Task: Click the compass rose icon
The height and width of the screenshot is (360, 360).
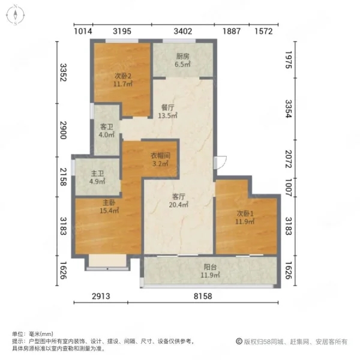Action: click(x=15, y=15)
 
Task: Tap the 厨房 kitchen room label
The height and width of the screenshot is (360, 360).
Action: click(x=183, y=56)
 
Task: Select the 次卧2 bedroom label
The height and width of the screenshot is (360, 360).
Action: click(x=123, y=76)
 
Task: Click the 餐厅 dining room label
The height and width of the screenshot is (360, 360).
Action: click(x=167, y=107)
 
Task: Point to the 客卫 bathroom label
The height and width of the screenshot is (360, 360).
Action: click(x=107, y=127)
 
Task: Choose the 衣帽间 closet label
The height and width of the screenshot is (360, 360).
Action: click(x=160, y=155)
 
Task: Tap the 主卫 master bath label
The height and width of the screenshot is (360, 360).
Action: click(x=97, y=173)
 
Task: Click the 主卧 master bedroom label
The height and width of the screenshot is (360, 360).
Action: click(x=109, y=203)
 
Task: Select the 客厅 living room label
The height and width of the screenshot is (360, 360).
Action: click(x=179, y=197)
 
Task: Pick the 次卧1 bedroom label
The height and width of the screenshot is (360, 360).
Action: click(x=245, y=214)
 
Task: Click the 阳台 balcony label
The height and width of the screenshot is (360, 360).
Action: click(x=211, y=267)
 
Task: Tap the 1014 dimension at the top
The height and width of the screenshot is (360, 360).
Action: click(x=83, y=31)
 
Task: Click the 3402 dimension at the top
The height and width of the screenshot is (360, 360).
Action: click(x=183, y=31)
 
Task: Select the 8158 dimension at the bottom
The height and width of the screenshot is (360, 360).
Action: click(x=203, y=296)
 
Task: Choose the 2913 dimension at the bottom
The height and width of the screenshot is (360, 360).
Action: click(x=101, y=296)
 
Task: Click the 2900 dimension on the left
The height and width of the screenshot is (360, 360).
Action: click(x=63, y=130)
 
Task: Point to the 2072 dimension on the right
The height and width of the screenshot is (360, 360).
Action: click(x=289, y=159)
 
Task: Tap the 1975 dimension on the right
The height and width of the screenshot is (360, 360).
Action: click(x=289, y=59)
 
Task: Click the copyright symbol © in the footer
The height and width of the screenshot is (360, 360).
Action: click(x=239, y=341)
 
